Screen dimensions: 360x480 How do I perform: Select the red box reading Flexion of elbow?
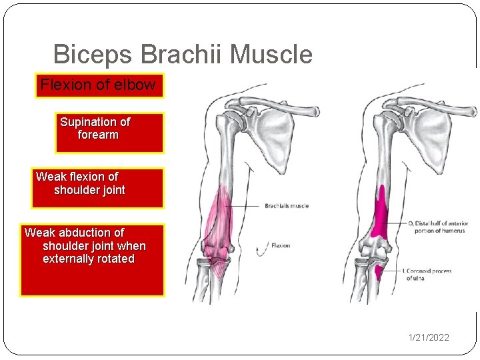tap(99, 85)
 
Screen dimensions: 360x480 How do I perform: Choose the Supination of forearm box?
tap(110, 133)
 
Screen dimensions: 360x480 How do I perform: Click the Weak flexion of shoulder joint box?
tap(97, 188)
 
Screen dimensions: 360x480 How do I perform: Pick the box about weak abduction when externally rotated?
tap(92, 260)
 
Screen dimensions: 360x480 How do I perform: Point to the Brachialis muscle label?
tap(287, 206)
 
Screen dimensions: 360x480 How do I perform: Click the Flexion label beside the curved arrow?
tap(281, 245)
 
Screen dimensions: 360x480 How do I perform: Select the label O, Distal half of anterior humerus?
tap(437, 227)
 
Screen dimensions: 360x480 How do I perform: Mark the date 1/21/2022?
tap(429, 337)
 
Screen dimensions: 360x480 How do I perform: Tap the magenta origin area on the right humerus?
tap(381, 217)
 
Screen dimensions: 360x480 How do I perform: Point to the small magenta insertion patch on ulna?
tap(378, 272)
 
